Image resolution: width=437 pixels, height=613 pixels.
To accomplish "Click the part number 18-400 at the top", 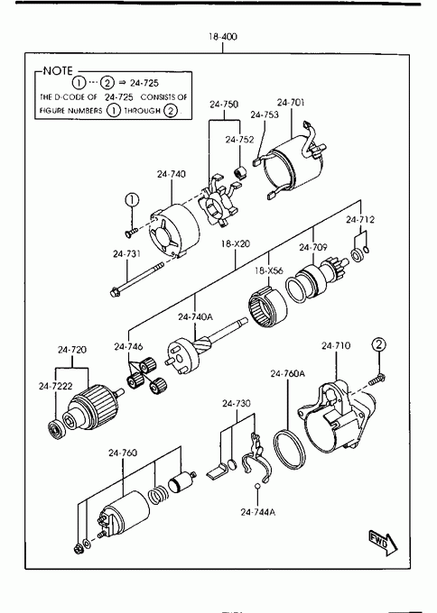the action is click(223, 37).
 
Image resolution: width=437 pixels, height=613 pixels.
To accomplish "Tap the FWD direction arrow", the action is click(384, 543).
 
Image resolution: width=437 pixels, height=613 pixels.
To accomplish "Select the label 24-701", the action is click(291, 103).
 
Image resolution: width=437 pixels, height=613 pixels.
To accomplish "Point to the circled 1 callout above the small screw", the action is click(132, 200).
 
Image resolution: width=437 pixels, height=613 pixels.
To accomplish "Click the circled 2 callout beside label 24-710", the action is click(378, 344).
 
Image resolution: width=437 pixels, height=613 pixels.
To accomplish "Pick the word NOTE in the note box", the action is click(58, 70).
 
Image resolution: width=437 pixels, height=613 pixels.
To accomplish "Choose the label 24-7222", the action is click(56, 386).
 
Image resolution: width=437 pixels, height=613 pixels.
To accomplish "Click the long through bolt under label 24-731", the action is click(136, 279).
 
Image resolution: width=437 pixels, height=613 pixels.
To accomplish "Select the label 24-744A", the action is click(257, 512).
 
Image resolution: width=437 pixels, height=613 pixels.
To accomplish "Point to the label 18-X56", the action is click(269, 270).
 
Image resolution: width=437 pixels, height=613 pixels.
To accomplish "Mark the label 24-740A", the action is click(195, 316).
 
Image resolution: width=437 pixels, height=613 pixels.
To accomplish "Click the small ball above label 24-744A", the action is click(257, 486).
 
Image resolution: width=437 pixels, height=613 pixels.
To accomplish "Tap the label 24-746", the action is click(128, 346).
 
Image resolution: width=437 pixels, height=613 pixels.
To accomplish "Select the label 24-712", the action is click(360, 220).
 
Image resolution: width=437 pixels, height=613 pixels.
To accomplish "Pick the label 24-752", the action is click(239, 140).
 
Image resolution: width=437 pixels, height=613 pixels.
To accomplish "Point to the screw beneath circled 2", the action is click(377, 378).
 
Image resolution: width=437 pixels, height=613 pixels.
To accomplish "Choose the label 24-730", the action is click(237, 404).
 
